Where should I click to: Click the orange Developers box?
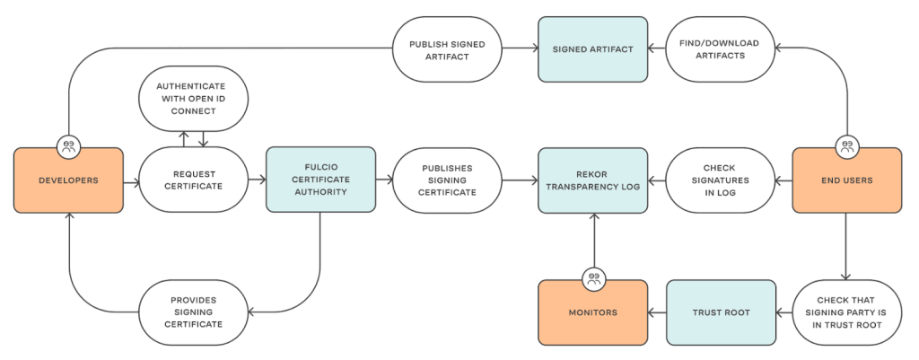68,180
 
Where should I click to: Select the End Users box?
845,180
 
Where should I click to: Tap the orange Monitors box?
592,313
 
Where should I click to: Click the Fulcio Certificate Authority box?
320,180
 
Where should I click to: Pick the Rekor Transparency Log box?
592,180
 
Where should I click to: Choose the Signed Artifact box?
592,48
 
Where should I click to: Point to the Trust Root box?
721,313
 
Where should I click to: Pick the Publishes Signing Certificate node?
447,180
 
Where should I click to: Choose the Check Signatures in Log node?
721,180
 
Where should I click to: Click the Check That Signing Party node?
845,313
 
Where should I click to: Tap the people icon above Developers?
68,145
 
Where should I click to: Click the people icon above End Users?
845,145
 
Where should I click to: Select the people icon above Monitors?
592,278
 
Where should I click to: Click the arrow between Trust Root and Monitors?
657,313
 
